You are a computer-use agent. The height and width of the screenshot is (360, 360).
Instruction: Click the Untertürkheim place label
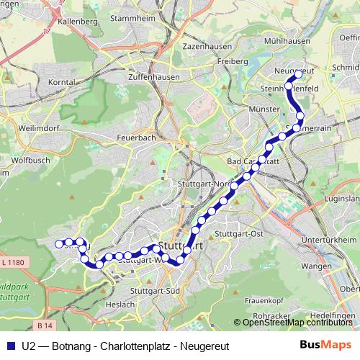330,240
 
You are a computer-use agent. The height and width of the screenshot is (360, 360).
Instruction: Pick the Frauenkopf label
262,299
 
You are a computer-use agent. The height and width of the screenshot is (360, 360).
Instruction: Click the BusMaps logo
325,344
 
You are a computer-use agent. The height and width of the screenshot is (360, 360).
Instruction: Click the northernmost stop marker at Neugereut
297,74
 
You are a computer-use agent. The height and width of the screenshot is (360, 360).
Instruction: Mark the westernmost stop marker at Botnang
58,244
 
